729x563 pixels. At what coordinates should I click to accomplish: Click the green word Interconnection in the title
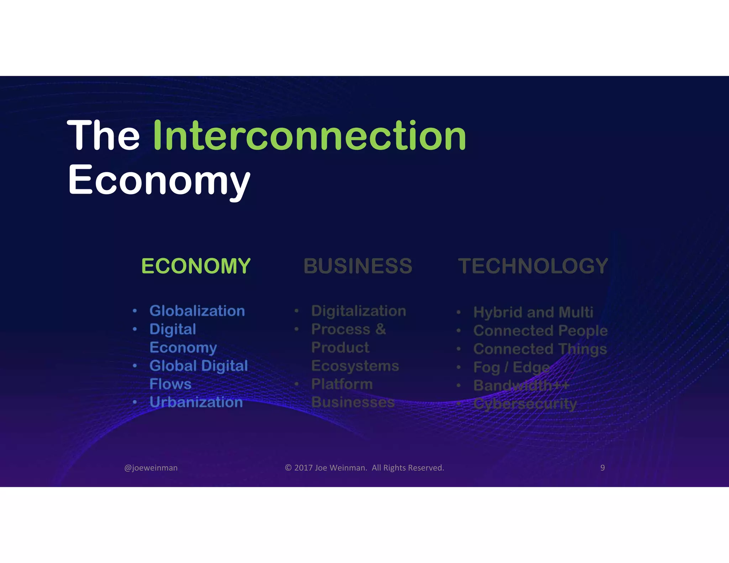coord(309,136)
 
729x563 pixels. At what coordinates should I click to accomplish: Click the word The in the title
coord(104,136)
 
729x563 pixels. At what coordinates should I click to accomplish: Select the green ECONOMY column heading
coord(196,266)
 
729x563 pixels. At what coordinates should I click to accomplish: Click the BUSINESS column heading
coord(358,266)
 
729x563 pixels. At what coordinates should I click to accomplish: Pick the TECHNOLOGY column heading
coord(533,266)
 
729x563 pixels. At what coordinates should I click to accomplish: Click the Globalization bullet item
coord(197,311)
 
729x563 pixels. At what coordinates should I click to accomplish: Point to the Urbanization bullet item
coord(196,402)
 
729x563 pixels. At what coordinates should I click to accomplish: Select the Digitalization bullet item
coord(358,311)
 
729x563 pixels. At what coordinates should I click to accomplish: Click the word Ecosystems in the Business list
coord(355,366)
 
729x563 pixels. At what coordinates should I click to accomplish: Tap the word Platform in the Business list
coord(342,384)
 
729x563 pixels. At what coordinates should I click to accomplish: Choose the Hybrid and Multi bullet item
coord(533,312)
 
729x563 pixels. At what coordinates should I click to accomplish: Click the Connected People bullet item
coord(540,331)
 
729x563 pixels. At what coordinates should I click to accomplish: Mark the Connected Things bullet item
coord(540,349)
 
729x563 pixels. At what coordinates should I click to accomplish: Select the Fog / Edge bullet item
coord(512,367)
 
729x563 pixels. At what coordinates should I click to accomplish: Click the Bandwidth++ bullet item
coord(521,385)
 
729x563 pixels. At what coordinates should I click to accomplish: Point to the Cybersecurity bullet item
coord(525,404)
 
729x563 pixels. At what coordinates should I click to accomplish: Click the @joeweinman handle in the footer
coord(151,468)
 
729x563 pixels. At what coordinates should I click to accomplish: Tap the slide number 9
coord(602,468)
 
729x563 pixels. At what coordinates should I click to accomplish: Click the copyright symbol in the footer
coord(288,468)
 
